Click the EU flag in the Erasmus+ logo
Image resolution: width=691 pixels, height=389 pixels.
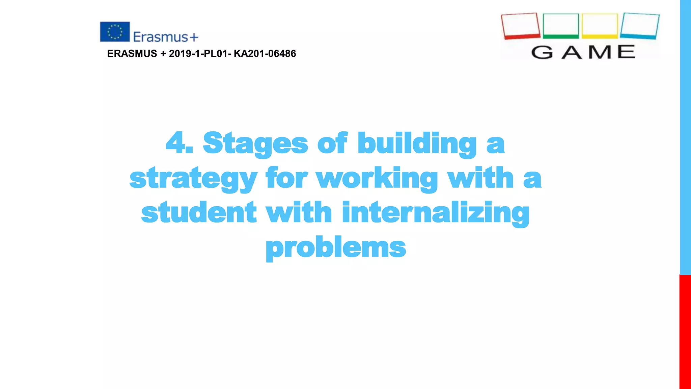click(115, 32)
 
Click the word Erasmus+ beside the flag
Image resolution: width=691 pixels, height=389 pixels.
click(165, 37)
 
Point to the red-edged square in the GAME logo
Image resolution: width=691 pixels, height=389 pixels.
click(520, 26)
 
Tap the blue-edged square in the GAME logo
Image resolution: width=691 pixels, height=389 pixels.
click(639, 26)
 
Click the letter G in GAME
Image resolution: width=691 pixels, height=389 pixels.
click(542, 52)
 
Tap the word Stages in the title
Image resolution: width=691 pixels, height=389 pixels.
click(255, 144)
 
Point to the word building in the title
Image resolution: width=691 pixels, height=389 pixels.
click(417, 144)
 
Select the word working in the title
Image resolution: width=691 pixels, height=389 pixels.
click(377, 178)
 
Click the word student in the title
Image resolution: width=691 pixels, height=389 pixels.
click(199, 212)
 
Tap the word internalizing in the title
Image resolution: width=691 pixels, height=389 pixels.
click(436, 213)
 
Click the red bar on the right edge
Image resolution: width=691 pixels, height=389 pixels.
click(685, 331)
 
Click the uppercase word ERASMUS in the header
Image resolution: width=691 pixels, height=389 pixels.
click(132, 53)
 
